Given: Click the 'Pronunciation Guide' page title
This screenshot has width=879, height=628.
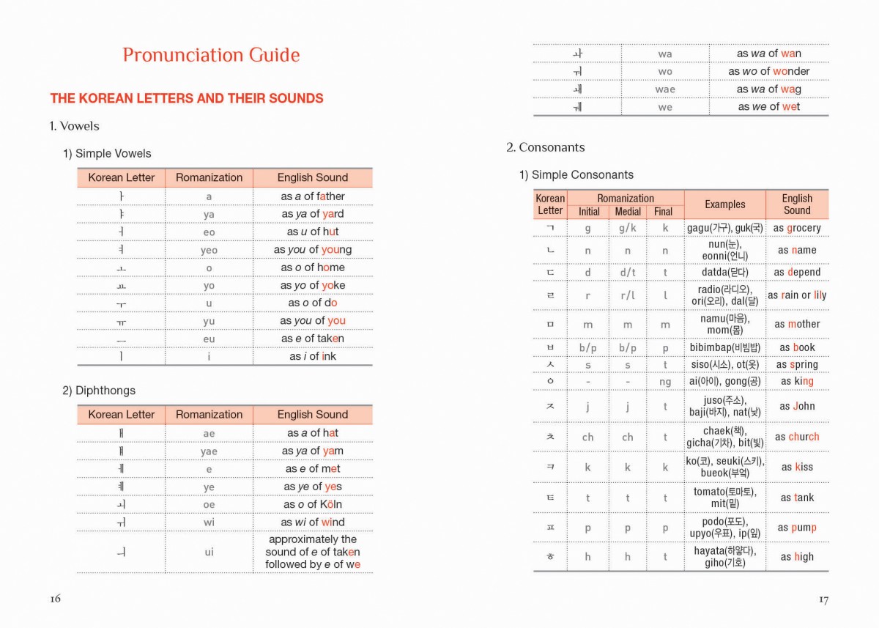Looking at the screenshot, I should (211, 56).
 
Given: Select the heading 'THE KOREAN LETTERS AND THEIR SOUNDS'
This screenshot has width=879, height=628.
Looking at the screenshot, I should (187, 98).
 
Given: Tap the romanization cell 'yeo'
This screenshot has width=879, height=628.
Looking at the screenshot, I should (209, 250).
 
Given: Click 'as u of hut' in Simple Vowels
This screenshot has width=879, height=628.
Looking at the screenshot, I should (313, 232).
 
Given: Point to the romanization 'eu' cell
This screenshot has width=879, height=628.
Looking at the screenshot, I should (209, 339).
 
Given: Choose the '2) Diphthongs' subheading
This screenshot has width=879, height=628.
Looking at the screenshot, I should (98, 391).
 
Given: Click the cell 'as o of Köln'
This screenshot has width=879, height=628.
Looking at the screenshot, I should (313, 504).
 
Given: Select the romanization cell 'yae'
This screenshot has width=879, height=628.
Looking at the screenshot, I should (209, 451).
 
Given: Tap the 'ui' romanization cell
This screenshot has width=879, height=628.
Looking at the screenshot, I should (209, 552).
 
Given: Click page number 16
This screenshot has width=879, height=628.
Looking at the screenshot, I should (56, 599).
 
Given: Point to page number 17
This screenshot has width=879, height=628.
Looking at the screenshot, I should (823, 599).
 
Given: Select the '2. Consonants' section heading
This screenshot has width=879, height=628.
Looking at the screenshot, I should (545, 147).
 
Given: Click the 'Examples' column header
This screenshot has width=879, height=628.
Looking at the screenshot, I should (724, 204).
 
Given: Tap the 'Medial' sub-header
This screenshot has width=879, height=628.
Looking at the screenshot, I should (628, 212).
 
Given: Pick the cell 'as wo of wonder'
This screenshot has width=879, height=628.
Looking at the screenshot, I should (768, 71).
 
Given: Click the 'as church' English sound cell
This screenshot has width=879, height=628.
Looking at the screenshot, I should (797, 437).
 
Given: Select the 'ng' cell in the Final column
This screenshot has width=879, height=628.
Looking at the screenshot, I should (665, 381).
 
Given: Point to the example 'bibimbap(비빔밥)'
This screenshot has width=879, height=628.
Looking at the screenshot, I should (724, 347).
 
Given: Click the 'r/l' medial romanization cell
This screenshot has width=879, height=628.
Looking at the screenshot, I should (628, 295).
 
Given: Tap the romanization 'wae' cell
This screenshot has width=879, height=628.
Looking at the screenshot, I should (665, 89).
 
